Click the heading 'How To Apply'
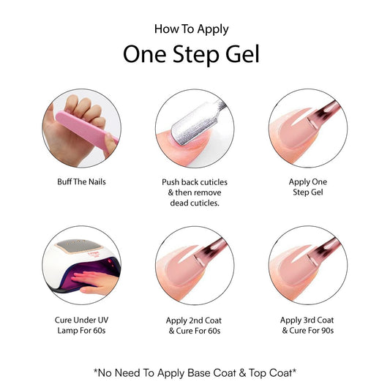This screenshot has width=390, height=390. (192, 29)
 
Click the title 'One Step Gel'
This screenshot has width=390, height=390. (192, 56)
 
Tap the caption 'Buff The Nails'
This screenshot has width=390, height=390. (81, 181)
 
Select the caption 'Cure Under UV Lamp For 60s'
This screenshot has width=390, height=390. (81, 325)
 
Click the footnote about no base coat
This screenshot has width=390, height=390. (194, 372)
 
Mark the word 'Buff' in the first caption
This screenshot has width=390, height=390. (64, 181)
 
